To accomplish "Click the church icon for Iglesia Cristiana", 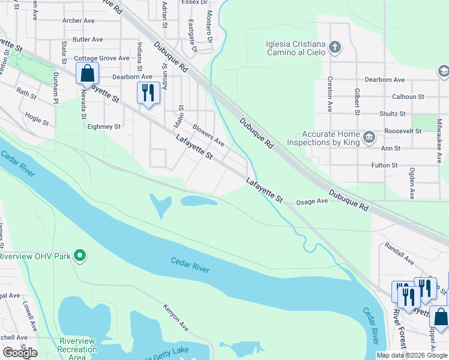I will coord(335,47).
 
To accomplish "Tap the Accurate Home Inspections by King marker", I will coord(369,137).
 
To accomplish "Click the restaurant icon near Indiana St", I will coord(148,92).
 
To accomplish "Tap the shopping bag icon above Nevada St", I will coord(87,74).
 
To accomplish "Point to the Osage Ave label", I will coord(312,202).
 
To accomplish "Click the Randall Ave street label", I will coord(399,254).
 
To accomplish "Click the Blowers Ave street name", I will coord(208,136).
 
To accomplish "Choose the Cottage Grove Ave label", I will coord(101,58).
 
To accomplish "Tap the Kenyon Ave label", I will coord(175,317).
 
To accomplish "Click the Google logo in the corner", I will coord(19,353).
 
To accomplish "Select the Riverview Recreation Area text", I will coord(76,349).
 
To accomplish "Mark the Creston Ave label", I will coord(330,94).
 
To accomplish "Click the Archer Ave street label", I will coord(79,20).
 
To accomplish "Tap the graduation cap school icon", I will coord(443,71).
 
